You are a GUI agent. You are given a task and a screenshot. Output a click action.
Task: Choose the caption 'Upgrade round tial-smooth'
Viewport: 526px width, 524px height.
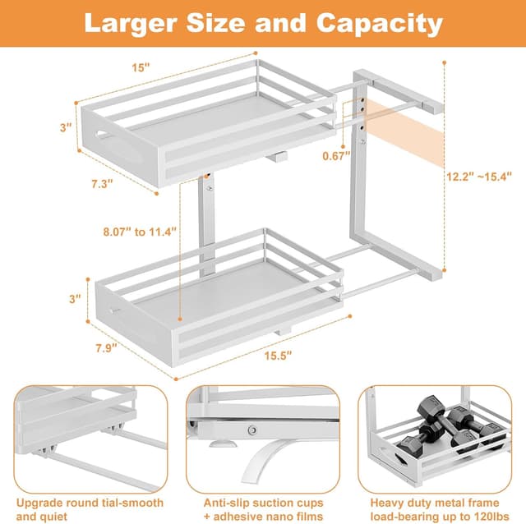(89, 502)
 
